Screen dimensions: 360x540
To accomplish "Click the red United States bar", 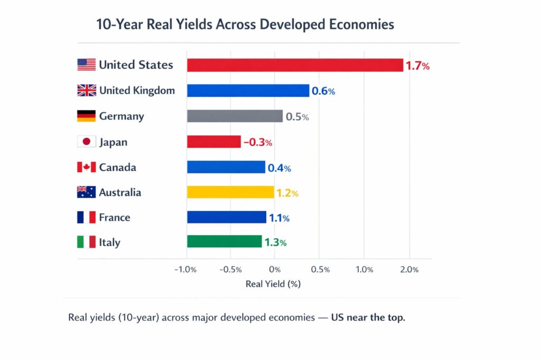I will [x=295, y=65].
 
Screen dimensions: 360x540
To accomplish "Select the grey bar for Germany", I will [x=235, y=116].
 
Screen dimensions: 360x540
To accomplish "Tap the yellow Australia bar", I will [x=230, y=192].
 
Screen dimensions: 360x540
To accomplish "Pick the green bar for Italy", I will [x=224, y=241].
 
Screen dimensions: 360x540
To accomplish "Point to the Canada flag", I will [x=86, y=168].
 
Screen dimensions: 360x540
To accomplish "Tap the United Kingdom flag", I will [x=86, y=91].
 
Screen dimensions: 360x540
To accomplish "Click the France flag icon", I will [x=86, y=217].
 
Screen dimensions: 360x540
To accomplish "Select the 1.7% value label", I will [x=418, y=66].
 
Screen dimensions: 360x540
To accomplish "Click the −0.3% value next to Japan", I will [x=257, y=142].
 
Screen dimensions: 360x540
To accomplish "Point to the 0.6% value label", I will [x=323, y=91].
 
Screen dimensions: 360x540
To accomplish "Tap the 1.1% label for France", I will [x=279, y=218].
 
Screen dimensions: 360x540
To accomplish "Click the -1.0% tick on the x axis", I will [x=185, y=270].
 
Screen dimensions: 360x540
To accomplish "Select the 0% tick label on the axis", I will [x=275, y=270].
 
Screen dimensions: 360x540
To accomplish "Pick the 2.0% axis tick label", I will [x=409, y=270].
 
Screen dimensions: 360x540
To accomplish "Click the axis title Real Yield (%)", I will [x=273, y=284].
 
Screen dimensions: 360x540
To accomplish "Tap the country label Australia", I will [x=120, y=192].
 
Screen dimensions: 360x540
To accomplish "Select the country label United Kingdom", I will [x=137, y=91].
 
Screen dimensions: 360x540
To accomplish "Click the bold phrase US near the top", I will [x=368, y=318].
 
